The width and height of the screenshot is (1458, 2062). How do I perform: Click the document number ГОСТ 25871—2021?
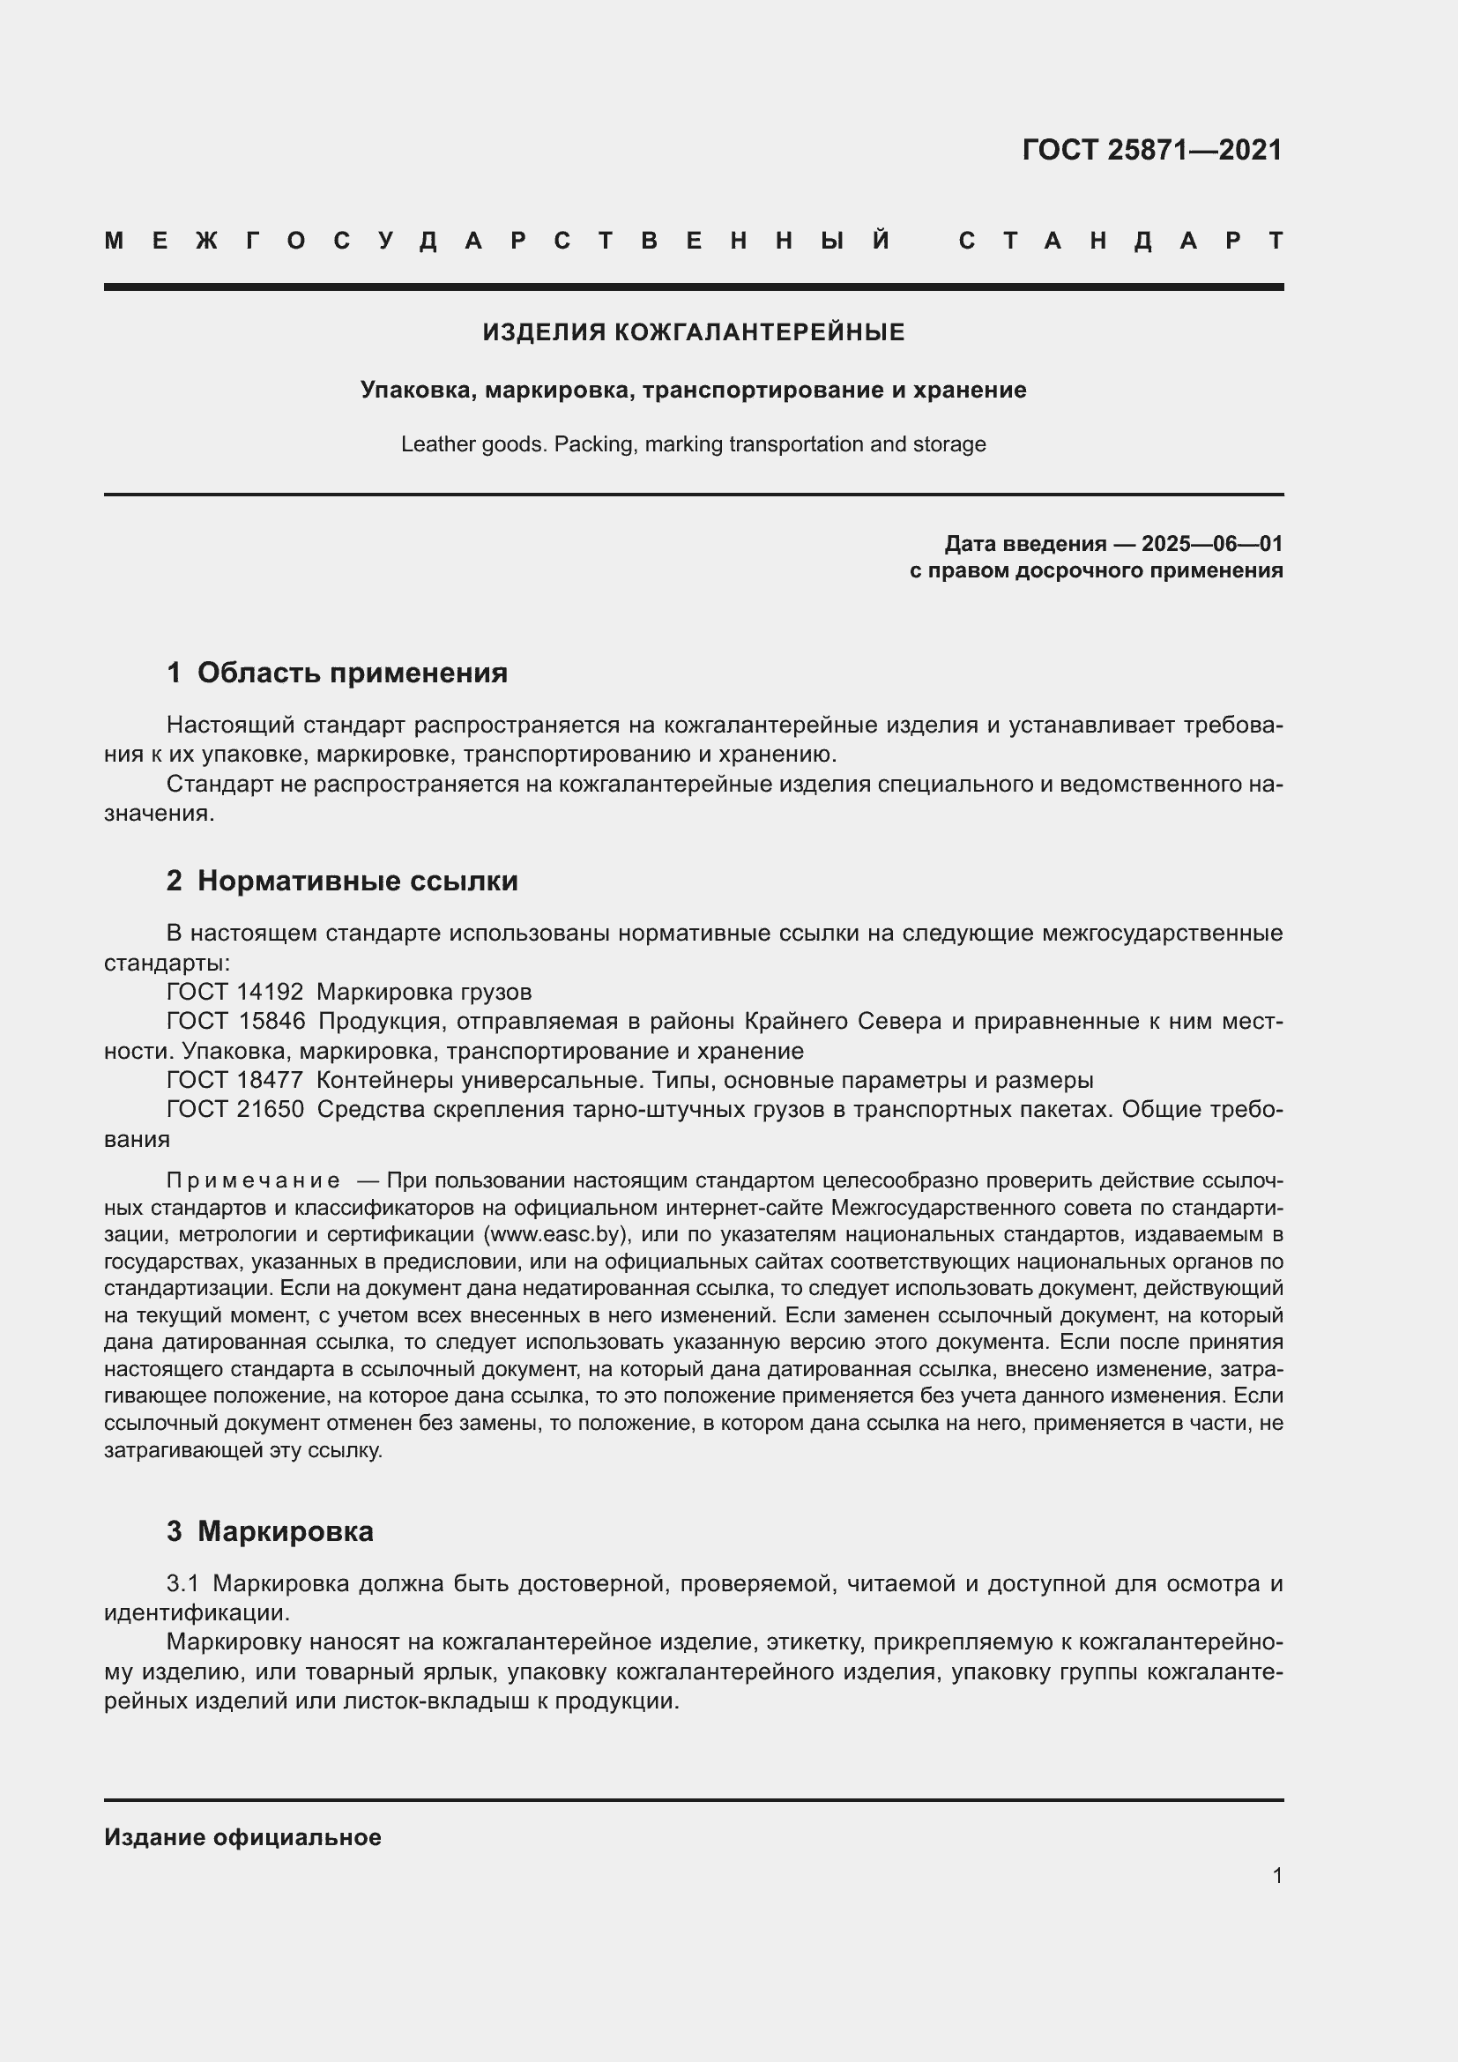tap(1152, 150)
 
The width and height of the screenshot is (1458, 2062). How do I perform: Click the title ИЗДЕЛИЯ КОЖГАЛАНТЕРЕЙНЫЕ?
tap(693, 332)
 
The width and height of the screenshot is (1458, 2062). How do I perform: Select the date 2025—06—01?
tap(1211, 543)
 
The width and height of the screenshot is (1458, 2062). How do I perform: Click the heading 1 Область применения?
tap(337, 673)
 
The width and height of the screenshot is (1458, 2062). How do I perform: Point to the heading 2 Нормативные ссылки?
tap(342, 881)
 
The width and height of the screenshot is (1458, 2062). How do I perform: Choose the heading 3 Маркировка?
tap(270, 1531)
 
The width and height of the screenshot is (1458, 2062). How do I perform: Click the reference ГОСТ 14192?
tap(235, 993)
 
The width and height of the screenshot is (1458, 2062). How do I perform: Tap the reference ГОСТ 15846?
tap(235, 1021)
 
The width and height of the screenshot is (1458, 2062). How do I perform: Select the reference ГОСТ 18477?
tap(235, 1080)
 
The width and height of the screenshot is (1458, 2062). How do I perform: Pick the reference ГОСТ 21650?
tap(235, 1109)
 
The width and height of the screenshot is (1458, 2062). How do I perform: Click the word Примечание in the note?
tap(253, 1180)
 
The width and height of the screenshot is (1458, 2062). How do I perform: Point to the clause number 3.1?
tap(182, 1583)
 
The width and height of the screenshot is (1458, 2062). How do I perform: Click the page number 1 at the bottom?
tap(1276, 1875)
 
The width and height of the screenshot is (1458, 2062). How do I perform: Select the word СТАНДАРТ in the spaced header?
tap(1120, 241)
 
